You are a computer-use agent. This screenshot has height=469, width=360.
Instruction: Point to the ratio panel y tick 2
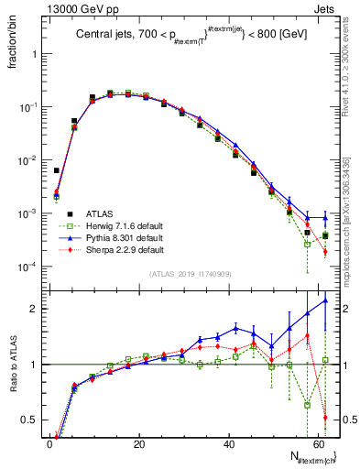pyautogui.click(x=35, y=309)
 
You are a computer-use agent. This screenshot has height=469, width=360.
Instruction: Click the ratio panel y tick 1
pyautogui.click(x=35, y=365)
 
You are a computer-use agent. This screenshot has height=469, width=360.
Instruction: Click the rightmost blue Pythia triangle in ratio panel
pyautogui.click(x=326, y=300)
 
